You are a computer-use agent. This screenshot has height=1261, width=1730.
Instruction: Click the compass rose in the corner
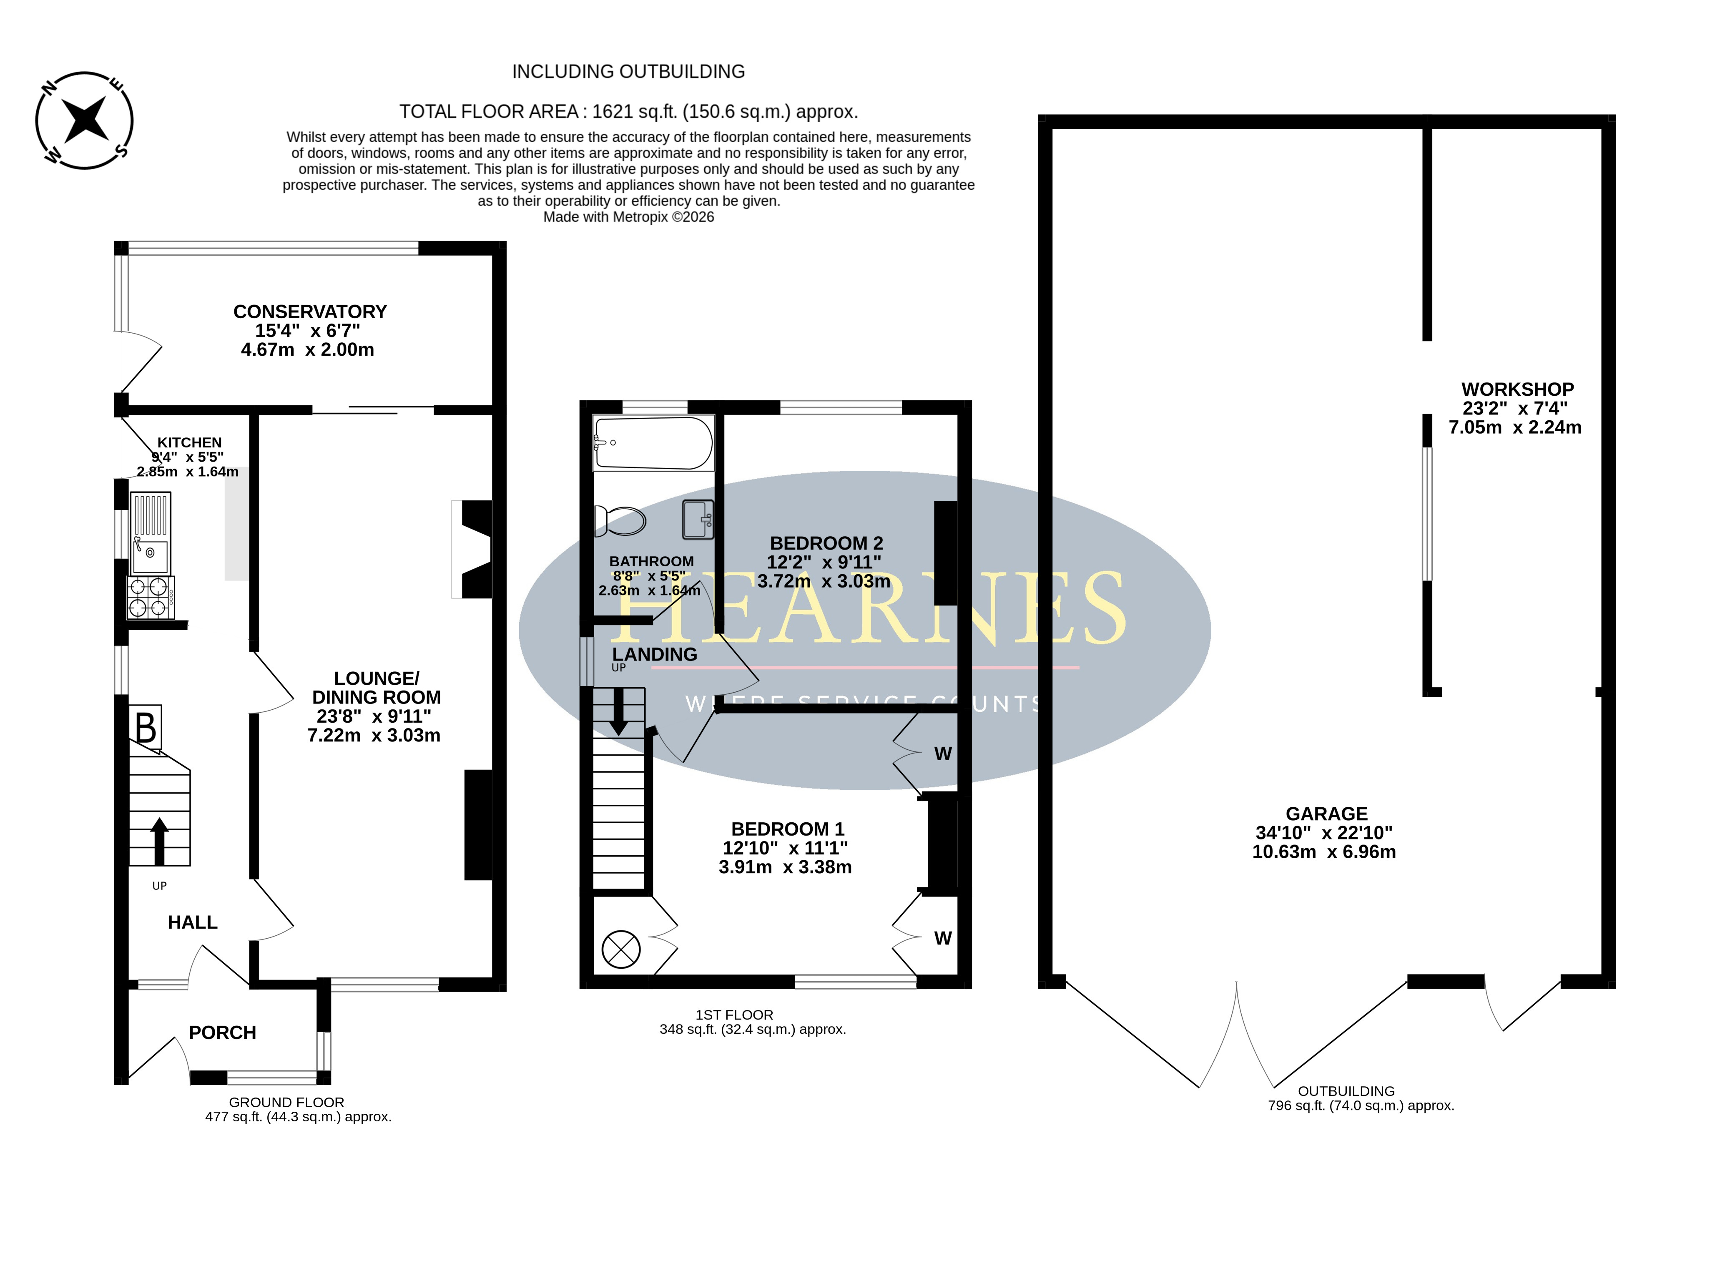[85, 121]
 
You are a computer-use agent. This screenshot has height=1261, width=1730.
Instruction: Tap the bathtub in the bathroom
[653, 443]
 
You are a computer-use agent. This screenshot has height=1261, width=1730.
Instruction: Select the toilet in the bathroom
[620, 521]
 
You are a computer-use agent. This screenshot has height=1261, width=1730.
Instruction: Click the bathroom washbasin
[698, 519]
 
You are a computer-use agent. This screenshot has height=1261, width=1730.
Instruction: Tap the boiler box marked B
[145, 726]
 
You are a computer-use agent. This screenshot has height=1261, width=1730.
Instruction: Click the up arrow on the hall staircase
[160, 841]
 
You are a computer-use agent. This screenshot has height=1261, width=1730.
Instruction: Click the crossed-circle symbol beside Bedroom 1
[621, 950]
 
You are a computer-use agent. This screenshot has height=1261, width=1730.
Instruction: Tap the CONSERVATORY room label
[310, 312]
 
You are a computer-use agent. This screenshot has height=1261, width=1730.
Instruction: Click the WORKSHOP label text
[1517, 389]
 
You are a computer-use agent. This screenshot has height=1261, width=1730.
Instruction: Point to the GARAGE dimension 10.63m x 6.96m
[1324, 852]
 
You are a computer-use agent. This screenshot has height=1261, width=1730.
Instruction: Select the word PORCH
[222, 1033]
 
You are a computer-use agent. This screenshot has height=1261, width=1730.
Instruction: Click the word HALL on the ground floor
[192, 923]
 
